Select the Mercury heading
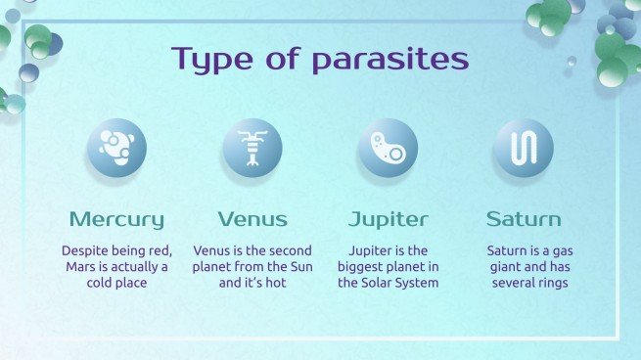tap(116, 218)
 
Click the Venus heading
tap(252, 218)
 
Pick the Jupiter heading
tap(388, 218)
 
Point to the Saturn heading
tap(523, 218)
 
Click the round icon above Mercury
tap(116, 148)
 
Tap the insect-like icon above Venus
tap(252, 148)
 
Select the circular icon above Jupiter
tap(388, 148)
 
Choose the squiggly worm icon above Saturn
tap(523, 148)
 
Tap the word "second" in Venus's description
tap(291, 250)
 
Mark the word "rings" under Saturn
tap(551, 284)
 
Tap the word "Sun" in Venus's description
tap(299, 267)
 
